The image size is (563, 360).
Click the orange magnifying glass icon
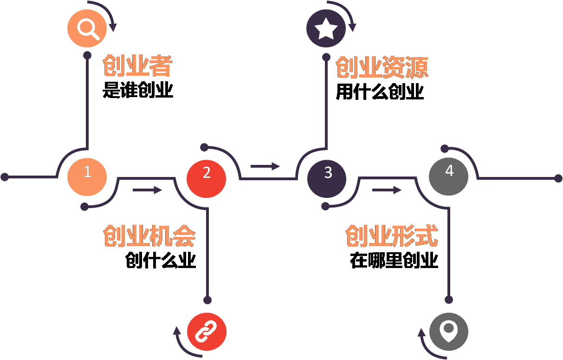point(87,28)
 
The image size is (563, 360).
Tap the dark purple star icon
point(326,29)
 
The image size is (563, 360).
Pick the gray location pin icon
point(448,332)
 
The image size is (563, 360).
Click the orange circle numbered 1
point(87,177)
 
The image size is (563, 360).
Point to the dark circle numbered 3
point(327,177)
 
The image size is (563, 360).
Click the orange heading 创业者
point(137,66)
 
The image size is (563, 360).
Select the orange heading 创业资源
point(382,68)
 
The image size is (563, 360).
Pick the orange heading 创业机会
point(149,236)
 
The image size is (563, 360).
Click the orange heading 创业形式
point(391,236)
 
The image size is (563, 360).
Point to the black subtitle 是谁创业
point(138,90)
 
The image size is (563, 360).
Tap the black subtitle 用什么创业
point(380,92)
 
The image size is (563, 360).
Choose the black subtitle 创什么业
point(161,261)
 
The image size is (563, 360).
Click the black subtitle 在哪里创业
point(394,261)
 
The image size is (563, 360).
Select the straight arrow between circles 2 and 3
point(265,166)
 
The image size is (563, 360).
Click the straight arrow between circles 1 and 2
point(148,190)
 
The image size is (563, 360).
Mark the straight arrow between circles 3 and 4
point(387,190)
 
